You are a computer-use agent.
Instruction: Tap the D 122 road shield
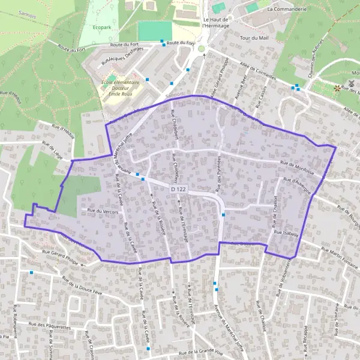[176, 189]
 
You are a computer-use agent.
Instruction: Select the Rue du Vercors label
[100, 210]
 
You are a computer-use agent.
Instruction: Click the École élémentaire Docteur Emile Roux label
[121, 88]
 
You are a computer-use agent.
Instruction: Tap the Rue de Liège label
[52, 148]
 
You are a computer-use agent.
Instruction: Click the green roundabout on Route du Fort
[202, 49]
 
